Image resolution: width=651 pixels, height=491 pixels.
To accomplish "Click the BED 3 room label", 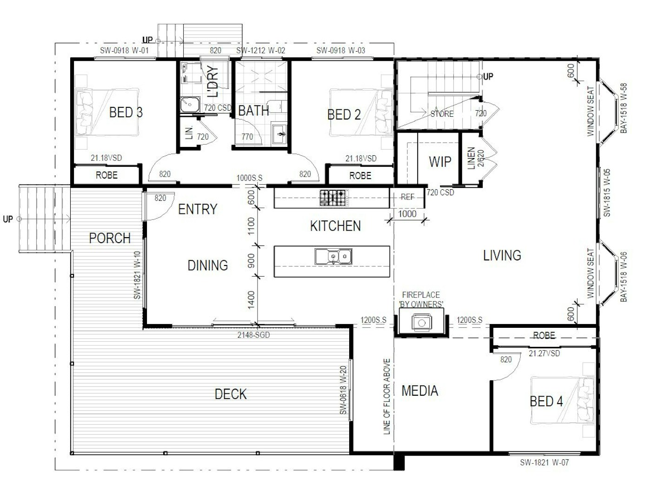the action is tap(126, 113).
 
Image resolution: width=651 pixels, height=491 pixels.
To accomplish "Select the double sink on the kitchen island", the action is tap(333, 256).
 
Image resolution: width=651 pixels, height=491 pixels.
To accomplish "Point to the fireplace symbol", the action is tap(421, 322).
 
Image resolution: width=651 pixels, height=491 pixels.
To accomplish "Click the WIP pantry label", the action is tap(440, 162).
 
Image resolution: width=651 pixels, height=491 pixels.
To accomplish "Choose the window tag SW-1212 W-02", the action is tap(261, 50).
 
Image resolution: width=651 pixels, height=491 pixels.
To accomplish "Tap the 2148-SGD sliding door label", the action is tap(253, 335).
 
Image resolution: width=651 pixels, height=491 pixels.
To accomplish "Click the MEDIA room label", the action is tap(420, 391).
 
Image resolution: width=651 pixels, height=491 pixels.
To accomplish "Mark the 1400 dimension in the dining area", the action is tap(251, 300).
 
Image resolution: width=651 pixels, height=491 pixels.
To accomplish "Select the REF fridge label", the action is tap(407, 197).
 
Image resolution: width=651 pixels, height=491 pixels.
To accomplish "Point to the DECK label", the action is tap(231, 394).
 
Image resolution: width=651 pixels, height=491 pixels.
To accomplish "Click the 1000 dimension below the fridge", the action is tap(407, 213).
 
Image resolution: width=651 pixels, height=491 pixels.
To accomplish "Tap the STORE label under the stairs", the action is tap(442, 113).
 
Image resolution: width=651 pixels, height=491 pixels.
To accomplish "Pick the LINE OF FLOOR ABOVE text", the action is tap(387, 397).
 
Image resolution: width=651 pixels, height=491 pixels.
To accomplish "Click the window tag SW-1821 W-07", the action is tap(544, 462).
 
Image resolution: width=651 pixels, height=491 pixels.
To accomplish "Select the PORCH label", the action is tap(110, 238).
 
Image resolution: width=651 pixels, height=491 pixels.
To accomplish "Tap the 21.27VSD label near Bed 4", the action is tap(544, 353).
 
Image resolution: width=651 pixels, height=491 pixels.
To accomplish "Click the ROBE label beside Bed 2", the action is tap(360, 176).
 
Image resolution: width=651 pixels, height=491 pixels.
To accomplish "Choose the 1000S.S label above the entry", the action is tap(249, 178).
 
